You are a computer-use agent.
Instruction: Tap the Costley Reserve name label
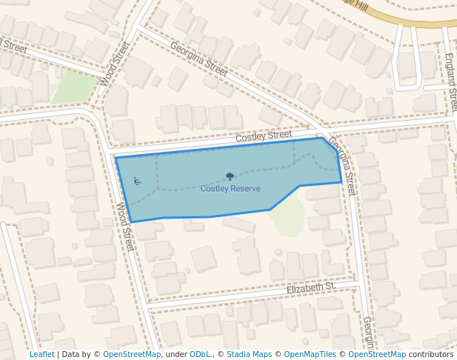point(230,189)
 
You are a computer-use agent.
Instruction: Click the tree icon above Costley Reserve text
point(230,177)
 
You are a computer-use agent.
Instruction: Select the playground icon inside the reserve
point(137,181)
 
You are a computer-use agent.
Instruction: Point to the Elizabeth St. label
point(311,287)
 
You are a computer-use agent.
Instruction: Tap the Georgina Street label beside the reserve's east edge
point(342,165)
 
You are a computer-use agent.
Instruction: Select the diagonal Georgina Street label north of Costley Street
point(199,59)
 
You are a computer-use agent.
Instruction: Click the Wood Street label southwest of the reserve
point(125,226)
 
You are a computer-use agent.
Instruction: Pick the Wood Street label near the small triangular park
point(115,63)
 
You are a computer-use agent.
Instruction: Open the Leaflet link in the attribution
point(41,354)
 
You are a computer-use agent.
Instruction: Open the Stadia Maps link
point(250,354)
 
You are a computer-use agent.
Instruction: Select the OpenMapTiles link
point(310,354)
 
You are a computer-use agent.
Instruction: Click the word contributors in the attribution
point(431,354)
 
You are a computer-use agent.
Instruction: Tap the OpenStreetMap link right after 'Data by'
point(132,354)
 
